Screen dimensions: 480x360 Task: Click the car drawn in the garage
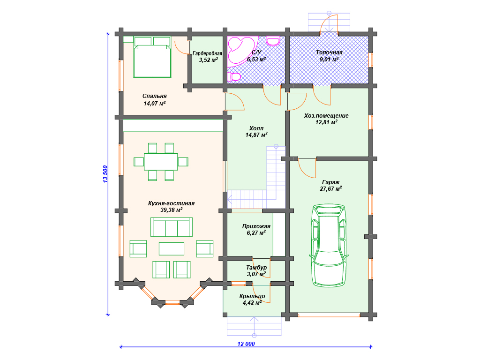[329, 246]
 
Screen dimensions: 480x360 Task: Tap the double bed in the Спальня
[152, 57]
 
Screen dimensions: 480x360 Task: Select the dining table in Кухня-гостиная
[161, 162]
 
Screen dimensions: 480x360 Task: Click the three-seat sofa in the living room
[172, 227]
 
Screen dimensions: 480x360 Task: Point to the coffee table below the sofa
[172, 248]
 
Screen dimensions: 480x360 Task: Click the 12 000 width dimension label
[246, 344]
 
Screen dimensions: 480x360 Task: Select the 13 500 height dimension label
[105, 174]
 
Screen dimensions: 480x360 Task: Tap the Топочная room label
[329, 52]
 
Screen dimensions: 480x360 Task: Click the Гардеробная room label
[207, 53]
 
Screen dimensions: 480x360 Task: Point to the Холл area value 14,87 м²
[256, 135]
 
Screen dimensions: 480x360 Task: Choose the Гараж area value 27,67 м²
[331, 188]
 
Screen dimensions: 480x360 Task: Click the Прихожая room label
[256, 226]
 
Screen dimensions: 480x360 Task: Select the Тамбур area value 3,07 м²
[256, 274]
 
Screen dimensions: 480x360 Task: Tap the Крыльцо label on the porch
[252, 296]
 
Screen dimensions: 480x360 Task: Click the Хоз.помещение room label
[326, 116]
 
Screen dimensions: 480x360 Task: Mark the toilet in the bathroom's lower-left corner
[234, 76]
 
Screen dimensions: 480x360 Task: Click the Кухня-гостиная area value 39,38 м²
[172, 210]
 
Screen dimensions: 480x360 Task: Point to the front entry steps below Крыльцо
[254, 326]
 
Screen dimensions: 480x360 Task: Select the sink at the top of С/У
[273, 41]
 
